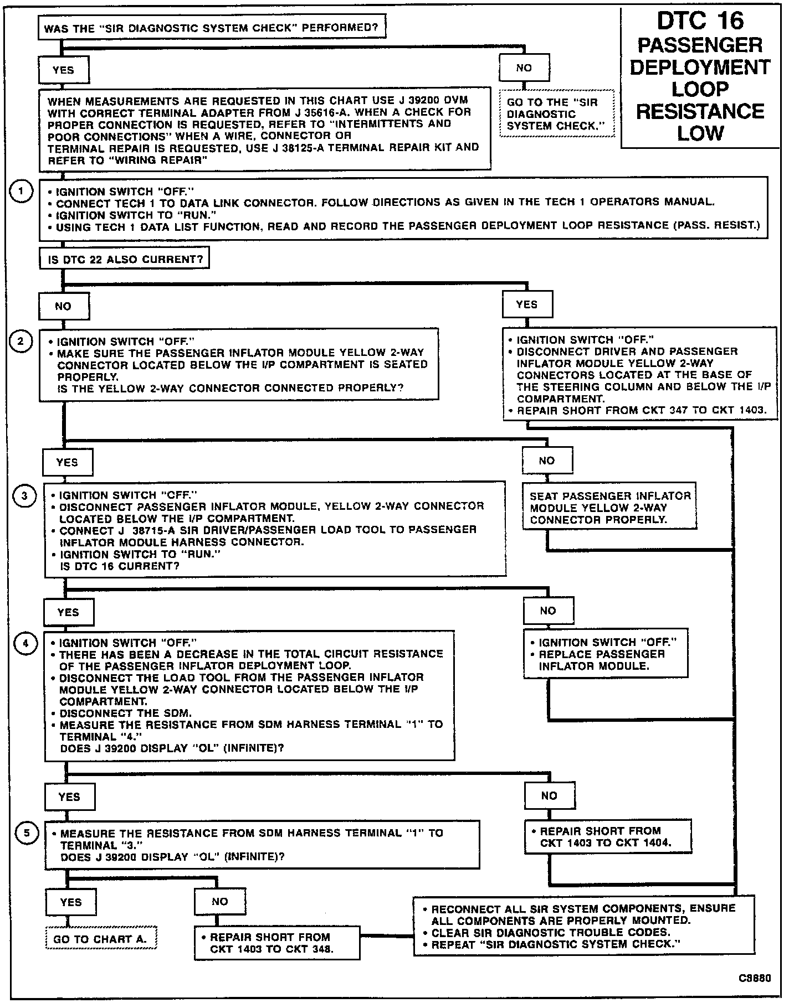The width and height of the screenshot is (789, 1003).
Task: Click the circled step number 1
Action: pos(21,192)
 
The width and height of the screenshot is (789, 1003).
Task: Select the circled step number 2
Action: pos(21,341)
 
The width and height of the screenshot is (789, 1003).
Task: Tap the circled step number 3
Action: pos(24,495)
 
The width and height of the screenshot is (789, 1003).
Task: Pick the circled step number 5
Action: pos(25,834)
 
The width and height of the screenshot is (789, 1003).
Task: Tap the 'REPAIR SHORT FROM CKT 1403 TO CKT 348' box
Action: pos(276,943)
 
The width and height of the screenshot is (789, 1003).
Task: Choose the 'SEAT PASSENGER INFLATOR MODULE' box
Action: pos(609,508)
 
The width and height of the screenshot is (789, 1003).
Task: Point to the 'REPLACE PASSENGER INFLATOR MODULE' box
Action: pos(606,654)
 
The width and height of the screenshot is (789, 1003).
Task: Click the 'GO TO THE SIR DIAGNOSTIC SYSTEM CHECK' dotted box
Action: pos(556,114)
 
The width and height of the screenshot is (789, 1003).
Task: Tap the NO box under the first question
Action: pos(524,68)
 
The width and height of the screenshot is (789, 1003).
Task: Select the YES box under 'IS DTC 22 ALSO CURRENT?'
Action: pos(527,304)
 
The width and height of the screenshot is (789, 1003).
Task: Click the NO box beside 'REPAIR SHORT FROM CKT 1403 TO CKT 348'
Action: pos(220,902)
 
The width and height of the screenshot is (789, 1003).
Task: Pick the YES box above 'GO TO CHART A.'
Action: pos(71,902)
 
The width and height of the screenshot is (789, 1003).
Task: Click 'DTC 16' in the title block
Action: pos(700,21)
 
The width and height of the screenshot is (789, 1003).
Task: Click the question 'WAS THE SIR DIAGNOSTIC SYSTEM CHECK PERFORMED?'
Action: pos(212,28)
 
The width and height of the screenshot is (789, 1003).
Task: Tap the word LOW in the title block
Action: pos(700,133)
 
